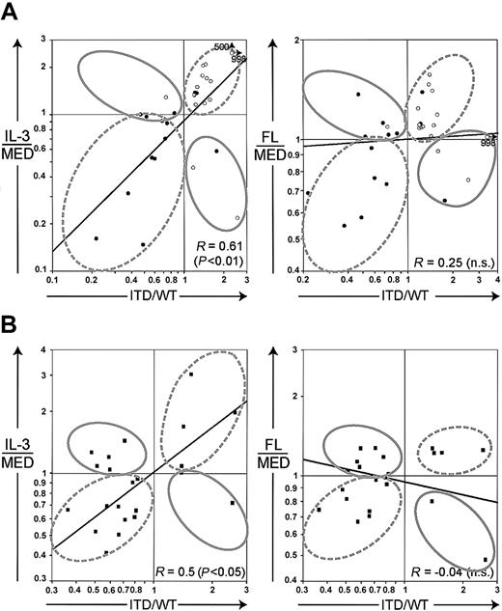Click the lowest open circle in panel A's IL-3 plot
[237, 217]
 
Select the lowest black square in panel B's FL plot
[485, 560]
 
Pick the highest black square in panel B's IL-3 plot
[191, 374]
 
